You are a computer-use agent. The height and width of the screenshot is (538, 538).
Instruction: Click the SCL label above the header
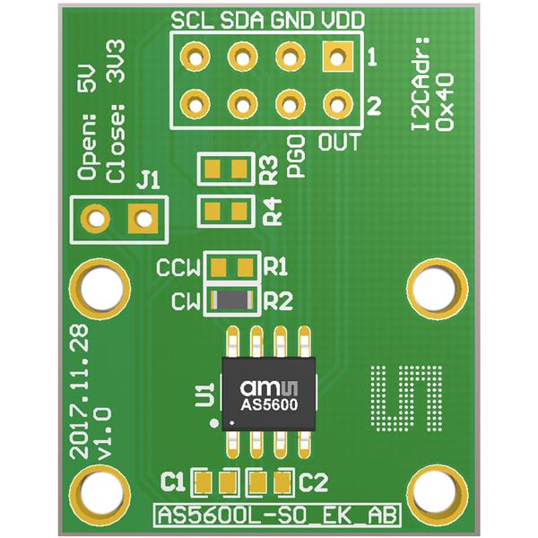[x=192, y=21]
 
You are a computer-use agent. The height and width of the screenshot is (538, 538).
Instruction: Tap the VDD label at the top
[x=343, y=21]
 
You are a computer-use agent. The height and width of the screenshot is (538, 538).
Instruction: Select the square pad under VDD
[x=338, y=57]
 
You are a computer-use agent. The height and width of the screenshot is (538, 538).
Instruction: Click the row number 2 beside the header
[x=374, y=106]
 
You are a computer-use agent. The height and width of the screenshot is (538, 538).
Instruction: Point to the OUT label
[x=339, y=142]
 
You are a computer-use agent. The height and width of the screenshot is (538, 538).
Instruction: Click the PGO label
[x=296, y=156]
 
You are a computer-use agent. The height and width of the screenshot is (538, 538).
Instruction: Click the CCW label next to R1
[x=178, y=268]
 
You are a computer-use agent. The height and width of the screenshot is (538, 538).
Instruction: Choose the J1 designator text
[x=148, y=180]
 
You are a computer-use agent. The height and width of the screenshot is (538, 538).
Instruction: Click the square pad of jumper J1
[x=143, y=219]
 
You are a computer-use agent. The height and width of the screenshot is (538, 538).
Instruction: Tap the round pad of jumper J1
[x=96, y=219]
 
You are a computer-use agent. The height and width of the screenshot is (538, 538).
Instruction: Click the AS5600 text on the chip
[x=269, y=405]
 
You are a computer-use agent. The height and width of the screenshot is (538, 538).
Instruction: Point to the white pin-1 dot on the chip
[x=232, y=423]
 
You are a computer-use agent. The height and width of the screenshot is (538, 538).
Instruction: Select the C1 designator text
[x=173, y=482]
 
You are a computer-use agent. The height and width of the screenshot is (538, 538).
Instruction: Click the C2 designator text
[x=314, y=482]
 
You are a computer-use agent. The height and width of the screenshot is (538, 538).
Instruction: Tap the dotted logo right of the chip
[x=406, y=399]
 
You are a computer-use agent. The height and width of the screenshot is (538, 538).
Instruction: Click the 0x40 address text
[x=444, y=101]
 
